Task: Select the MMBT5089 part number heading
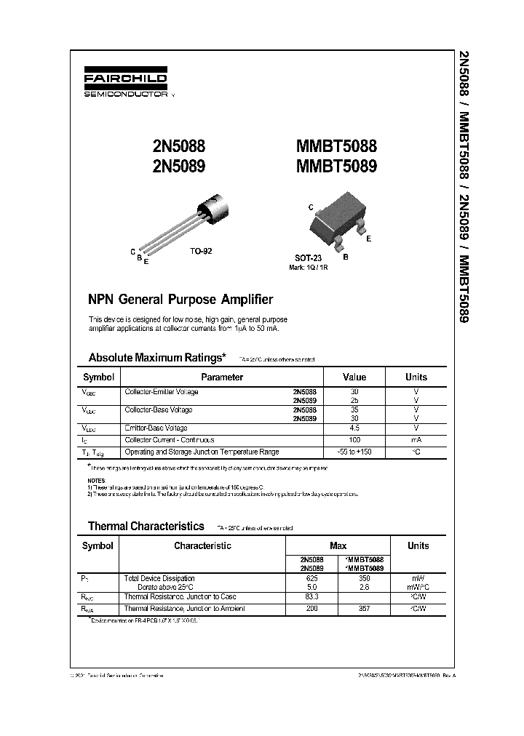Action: [337, 166]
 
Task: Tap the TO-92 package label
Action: [201, 250]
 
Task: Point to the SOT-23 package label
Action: [309, 258]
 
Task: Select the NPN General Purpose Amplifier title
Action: [180, 300]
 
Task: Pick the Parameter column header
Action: [222, 377]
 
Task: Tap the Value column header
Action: [354, 377]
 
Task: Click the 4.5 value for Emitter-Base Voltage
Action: [354, 428]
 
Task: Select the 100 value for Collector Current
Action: [354, 440]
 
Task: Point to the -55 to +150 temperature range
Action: [354, 452]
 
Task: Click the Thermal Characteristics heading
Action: [146, 526]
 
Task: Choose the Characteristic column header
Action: [203, 545]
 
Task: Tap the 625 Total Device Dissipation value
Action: [311, 577]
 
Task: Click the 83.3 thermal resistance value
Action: [311, 596]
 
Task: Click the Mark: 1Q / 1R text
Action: [309, 267]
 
